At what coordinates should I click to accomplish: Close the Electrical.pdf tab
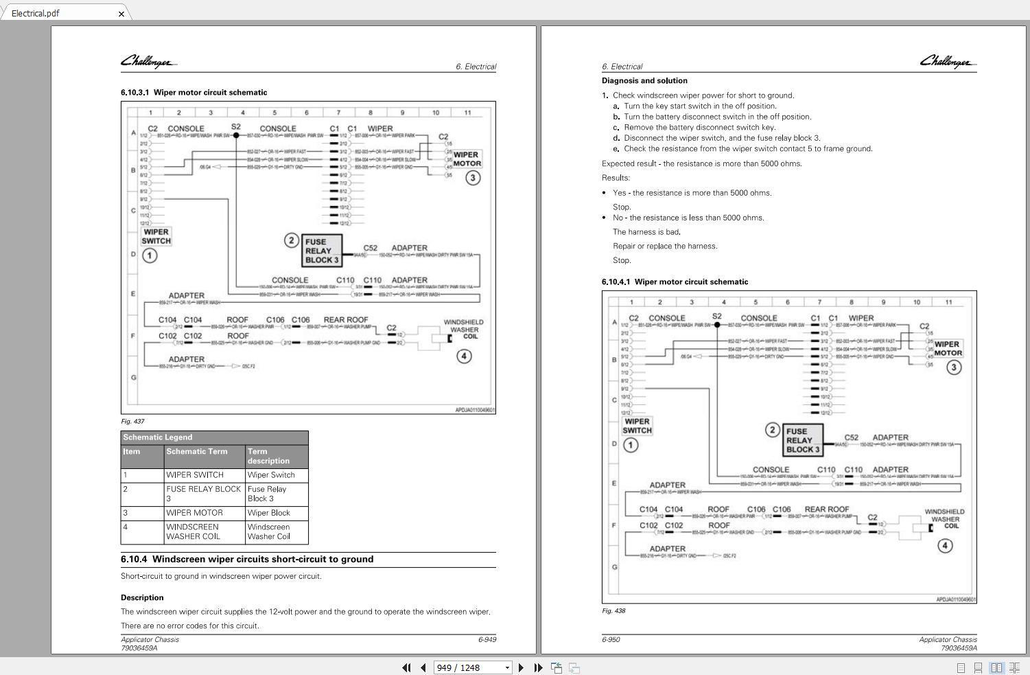pyautogui.click(x=121, y=14)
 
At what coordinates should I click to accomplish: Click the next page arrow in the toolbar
pyautogui.click(x=521, y=667)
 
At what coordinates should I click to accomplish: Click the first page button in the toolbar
pyautogui.click(x=406, y=667)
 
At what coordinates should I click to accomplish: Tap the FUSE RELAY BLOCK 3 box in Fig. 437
pyautogui.click(x=322, y=251)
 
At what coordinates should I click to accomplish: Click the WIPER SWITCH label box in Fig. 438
pyautogui.click(x=637, y=426)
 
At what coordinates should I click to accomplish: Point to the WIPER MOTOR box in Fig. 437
pyautogui.click(x=467, y=159)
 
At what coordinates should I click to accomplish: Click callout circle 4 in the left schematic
pyautogui.click(x=465, y=356)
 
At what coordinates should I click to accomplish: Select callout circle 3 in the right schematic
pyautogui.click(x=954, y=367)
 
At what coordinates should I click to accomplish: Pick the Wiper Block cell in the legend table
pyautogui.click(x=269, y=513)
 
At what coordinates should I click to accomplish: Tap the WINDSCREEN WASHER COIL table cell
pyautogui.click(x=193, y=531)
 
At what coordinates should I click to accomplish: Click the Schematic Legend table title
pyautogui.click(x=158, y=437)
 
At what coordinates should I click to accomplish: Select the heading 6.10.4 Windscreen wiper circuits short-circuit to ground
pyautogui.click(x=247, y=560)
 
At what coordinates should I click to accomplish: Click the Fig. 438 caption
pyautogui.click(x=613, y=610)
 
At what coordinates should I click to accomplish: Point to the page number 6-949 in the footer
pyautogui.click(x=487, y=639)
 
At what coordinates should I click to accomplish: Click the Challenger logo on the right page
pyautogui.click(x=947, y=62)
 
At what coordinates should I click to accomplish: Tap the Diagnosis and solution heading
pyautogui.click(x=644, y=80)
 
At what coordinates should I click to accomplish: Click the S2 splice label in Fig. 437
pyautogui.click(x=236, y=126)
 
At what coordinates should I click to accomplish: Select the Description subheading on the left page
pyautogui.click(x=142, y=597)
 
